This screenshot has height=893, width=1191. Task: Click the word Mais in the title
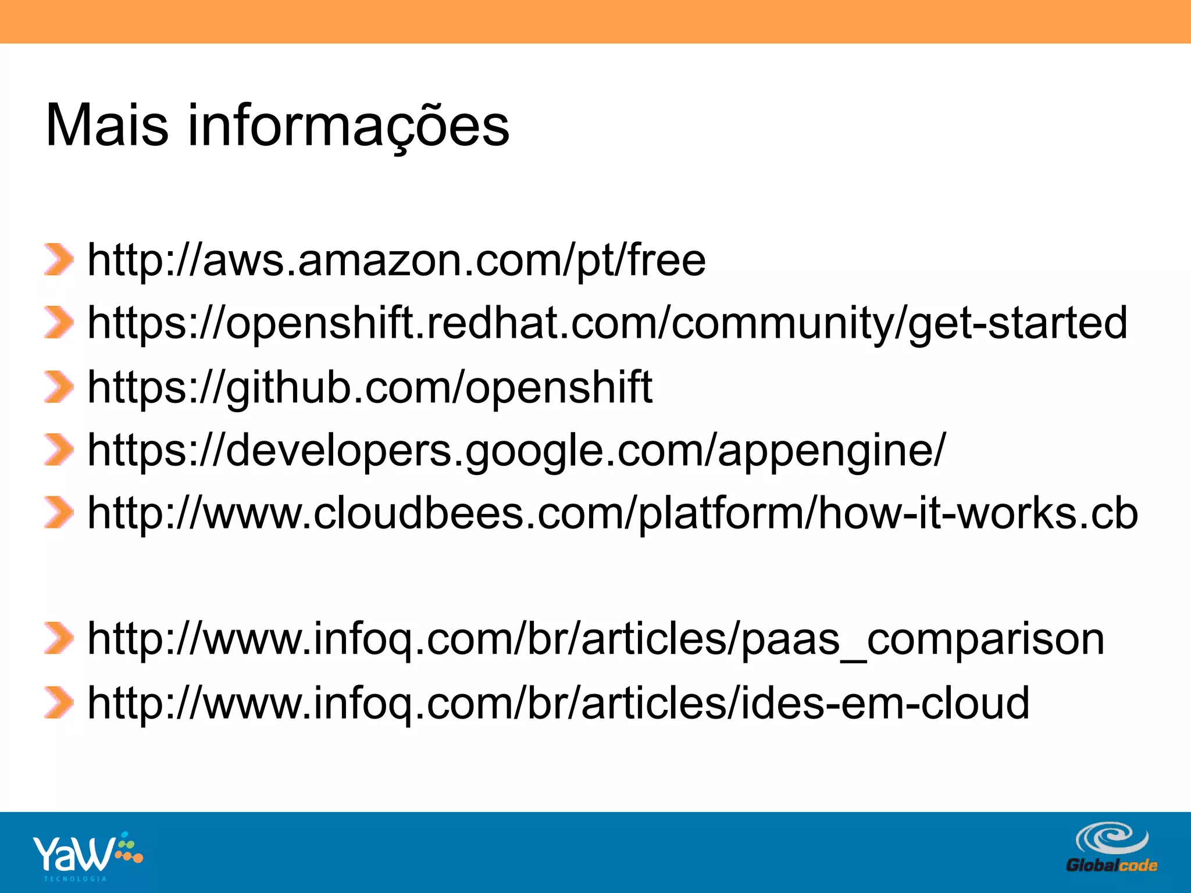(x=107, y=126)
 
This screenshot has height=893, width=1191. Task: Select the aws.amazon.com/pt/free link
(x=396, y=260)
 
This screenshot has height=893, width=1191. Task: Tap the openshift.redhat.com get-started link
(x=607, y=323)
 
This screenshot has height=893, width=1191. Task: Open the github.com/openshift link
(x=370, y=387)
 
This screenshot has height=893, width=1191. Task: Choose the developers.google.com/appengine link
(x=516, y=451)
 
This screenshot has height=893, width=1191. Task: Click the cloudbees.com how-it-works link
(x=612, y=513)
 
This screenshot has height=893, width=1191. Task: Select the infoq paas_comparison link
(x=595, y=640)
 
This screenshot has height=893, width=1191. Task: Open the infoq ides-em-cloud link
(x=558, y=703)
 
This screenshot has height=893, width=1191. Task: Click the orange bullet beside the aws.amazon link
(x=59, y=260)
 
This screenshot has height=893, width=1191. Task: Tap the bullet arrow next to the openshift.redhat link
(x=59, y=323)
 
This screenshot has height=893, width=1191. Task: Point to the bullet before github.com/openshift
(x=59, y=387)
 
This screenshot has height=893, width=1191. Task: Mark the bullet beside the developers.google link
(x=59, y=451)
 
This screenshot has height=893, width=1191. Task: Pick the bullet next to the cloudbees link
(x=59, y=513)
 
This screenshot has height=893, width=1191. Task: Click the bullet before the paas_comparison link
(x=59, y=638)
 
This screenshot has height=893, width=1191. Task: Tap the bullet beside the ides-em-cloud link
(x=59, y=702)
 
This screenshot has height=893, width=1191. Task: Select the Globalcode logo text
(x=1111, y=866)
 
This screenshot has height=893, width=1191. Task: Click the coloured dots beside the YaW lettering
(x=129, y=849)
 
